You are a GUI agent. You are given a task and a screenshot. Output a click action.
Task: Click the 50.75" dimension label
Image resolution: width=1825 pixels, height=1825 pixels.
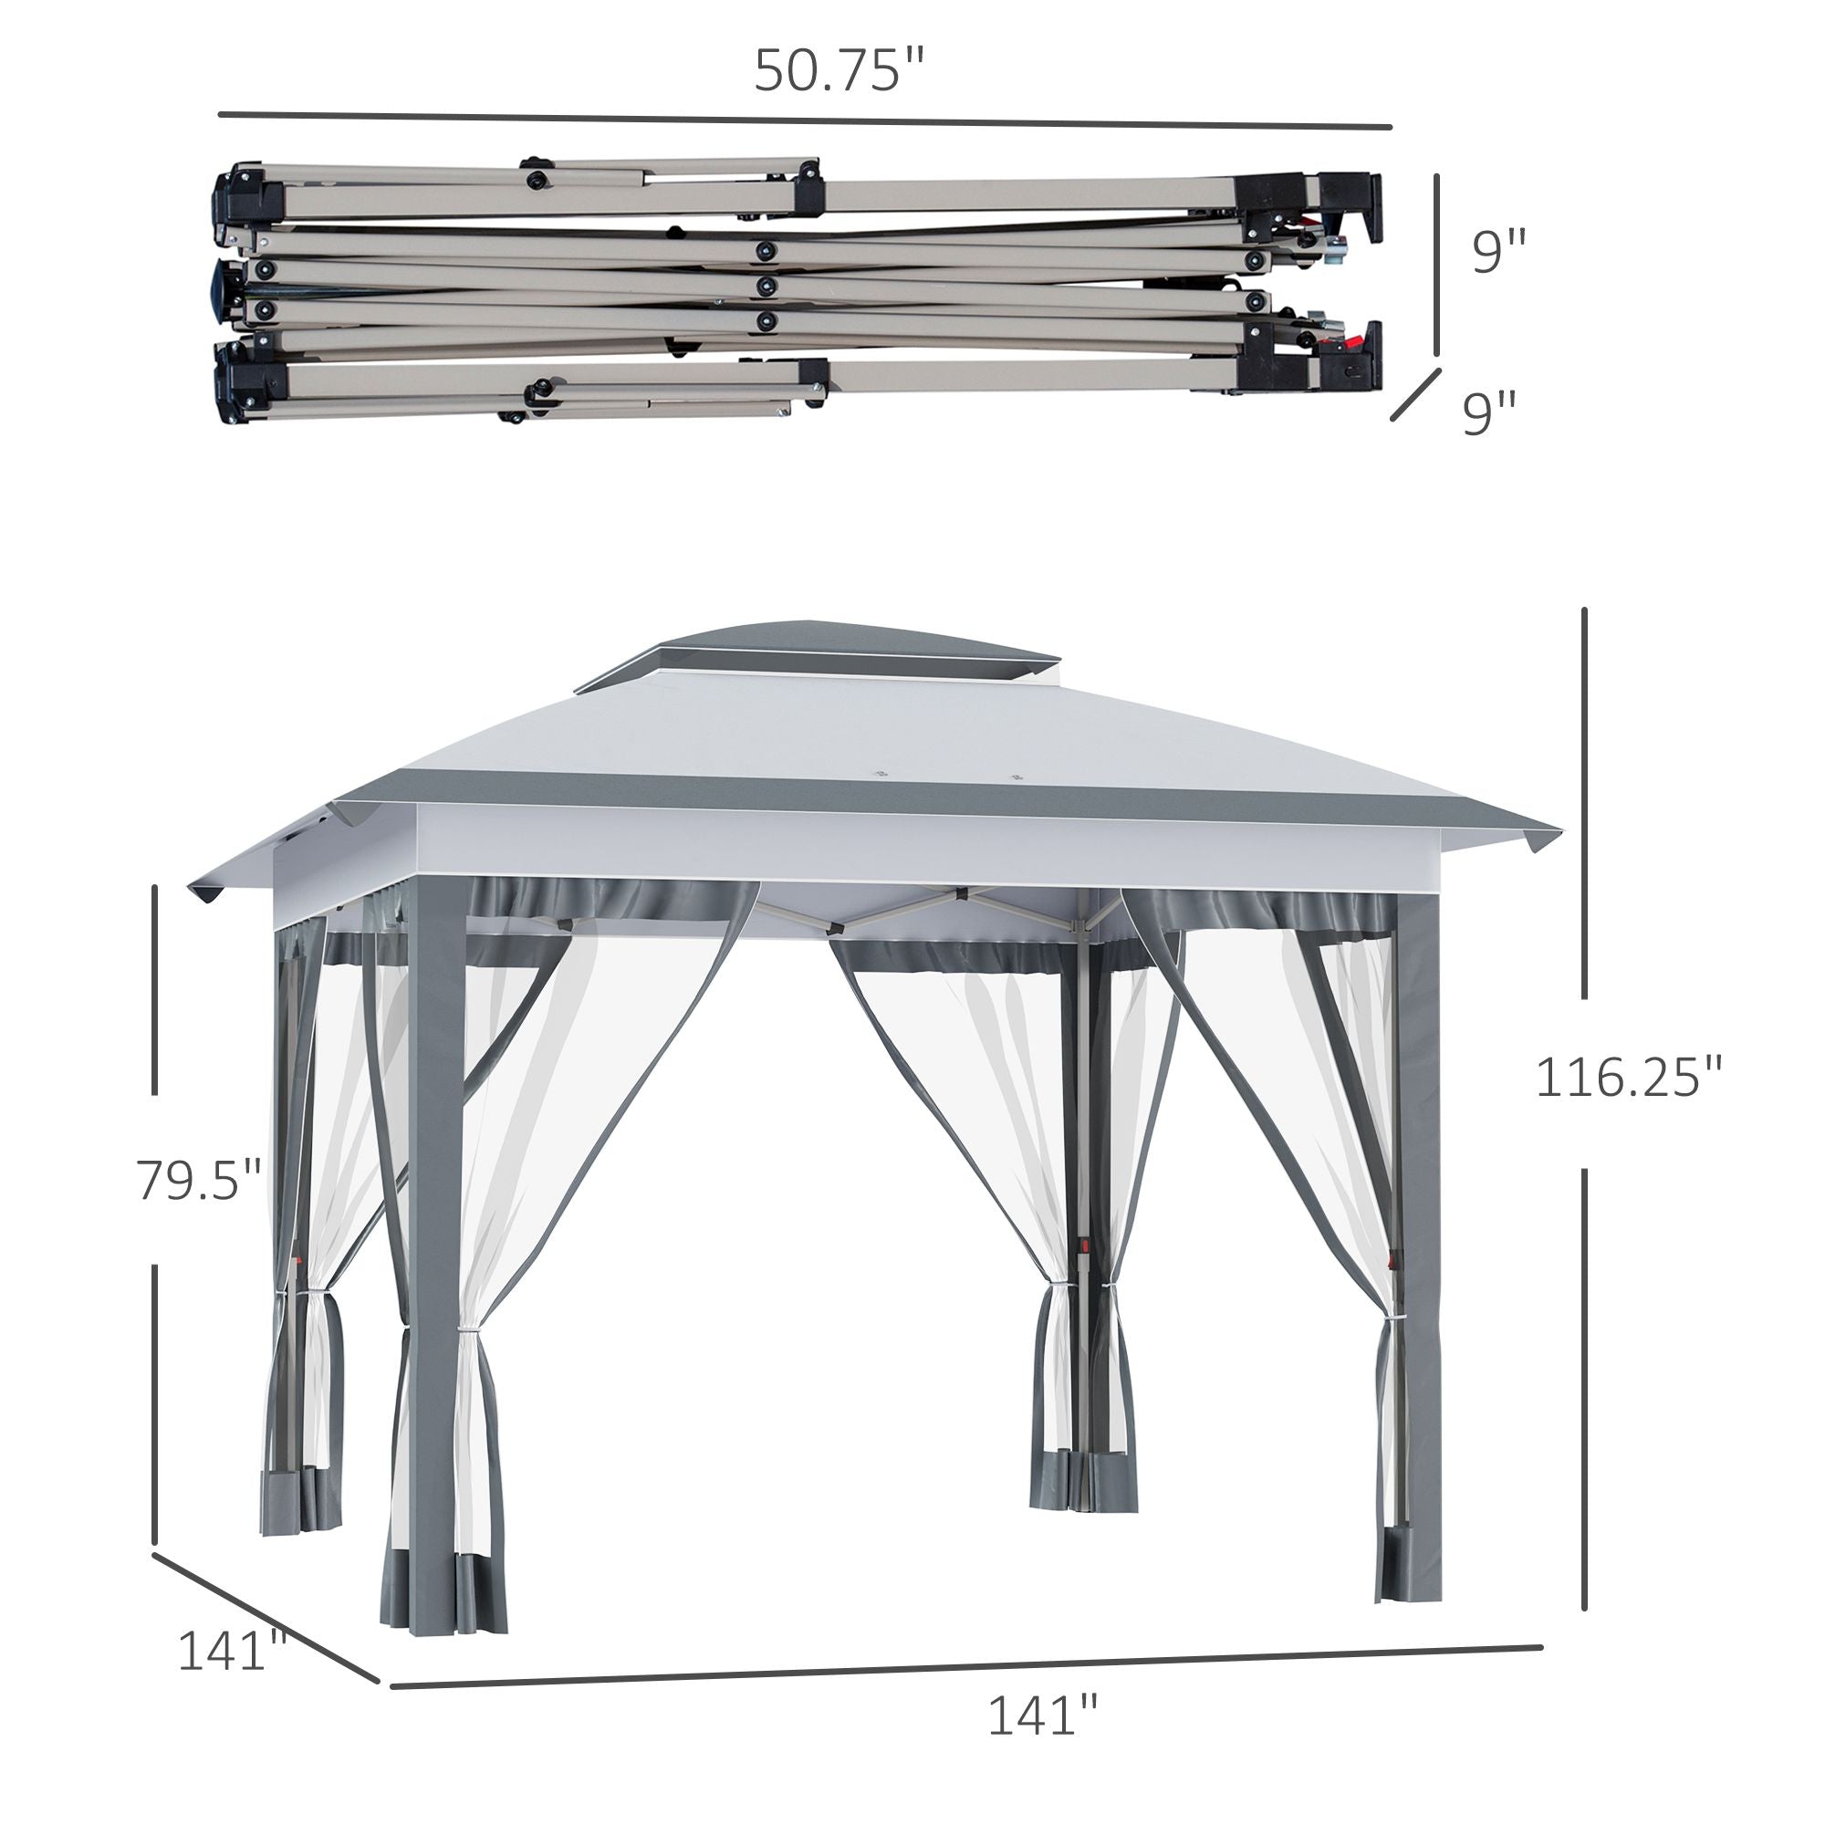point(839,71)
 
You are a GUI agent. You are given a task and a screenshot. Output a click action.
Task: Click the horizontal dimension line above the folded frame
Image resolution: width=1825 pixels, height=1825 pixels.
point(805,121)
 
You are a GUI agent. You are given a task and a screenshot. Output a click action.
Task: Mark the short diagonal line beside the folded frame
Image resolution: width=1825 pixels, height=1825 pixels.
point(1417,394)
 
